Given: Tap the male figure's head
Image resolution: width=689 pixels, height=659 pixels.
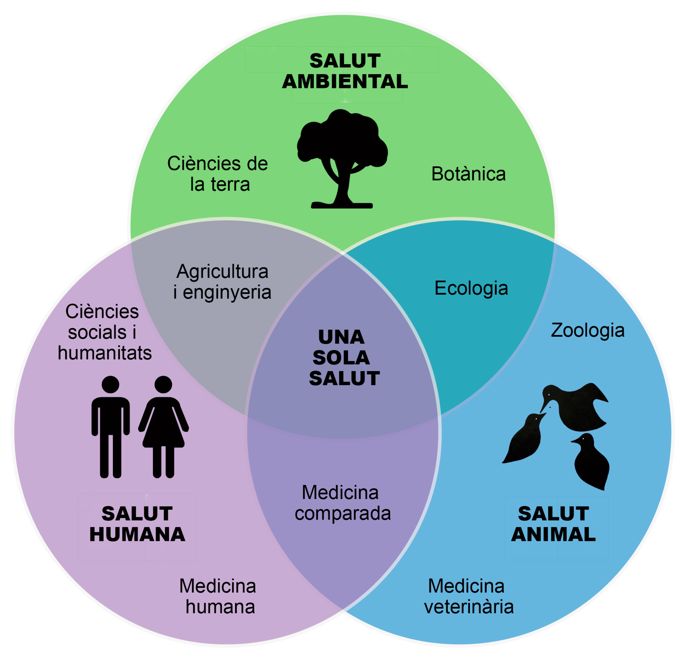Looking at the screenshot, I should [111, 384].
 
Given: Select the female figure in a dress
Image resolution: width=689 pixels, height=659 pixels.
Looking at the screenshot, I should [164, 427].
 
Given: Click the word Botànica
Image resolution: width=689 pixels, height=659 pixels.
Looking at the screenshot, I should [468, 174].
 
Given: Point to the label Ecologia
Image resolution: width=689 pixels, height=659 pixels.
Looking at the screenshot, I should [471, 288].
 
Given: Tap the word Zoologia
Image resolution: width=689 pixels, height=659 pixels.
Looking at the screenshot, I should [587, 330].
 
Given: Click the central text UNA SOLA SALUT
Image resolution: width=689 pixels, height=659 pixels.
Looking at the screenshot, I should [343, 357].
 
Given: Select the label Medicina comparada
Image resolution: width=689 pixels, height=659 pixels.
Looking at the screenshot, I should [342, 503].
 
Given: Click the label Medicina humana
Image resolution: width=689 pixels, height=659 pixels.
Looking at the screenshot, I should [218, 596].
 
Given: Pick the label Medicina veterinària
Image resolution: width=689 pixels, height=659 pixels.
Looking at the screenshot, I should [468, 596].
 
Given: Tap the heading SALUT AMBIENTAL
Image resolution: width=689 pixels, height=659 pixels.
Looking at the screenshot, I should [345, 71].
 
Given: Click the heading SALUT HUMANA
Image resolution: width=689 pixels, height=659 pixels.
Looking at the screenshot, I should [137, 524].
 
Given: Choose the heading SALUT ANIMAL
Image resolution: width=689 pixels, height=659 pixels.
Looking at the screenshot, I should [553, 524].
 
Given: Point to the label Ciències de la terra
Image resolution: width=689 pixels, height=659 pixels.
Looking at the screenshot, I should [218, 174].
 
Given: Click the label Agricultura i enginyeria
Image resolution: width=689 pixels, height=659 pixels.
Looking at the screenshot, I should [222, 282].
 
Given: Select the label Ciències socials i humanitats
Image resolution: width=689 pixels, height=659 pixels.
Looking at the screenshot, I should [104, 332].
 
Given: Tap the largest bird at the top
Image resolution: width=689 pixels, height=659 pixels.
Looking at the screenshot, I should [578, 407].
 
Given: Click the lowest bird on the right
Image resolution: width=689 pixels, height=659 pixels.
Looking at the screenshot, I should [591, 463].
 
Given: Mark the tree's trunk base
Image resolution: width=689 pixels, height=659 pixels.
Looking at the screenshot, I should [342, 205].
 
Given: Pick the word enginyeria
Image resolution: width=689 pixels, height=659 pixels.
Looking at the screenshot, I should [227, 292].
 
